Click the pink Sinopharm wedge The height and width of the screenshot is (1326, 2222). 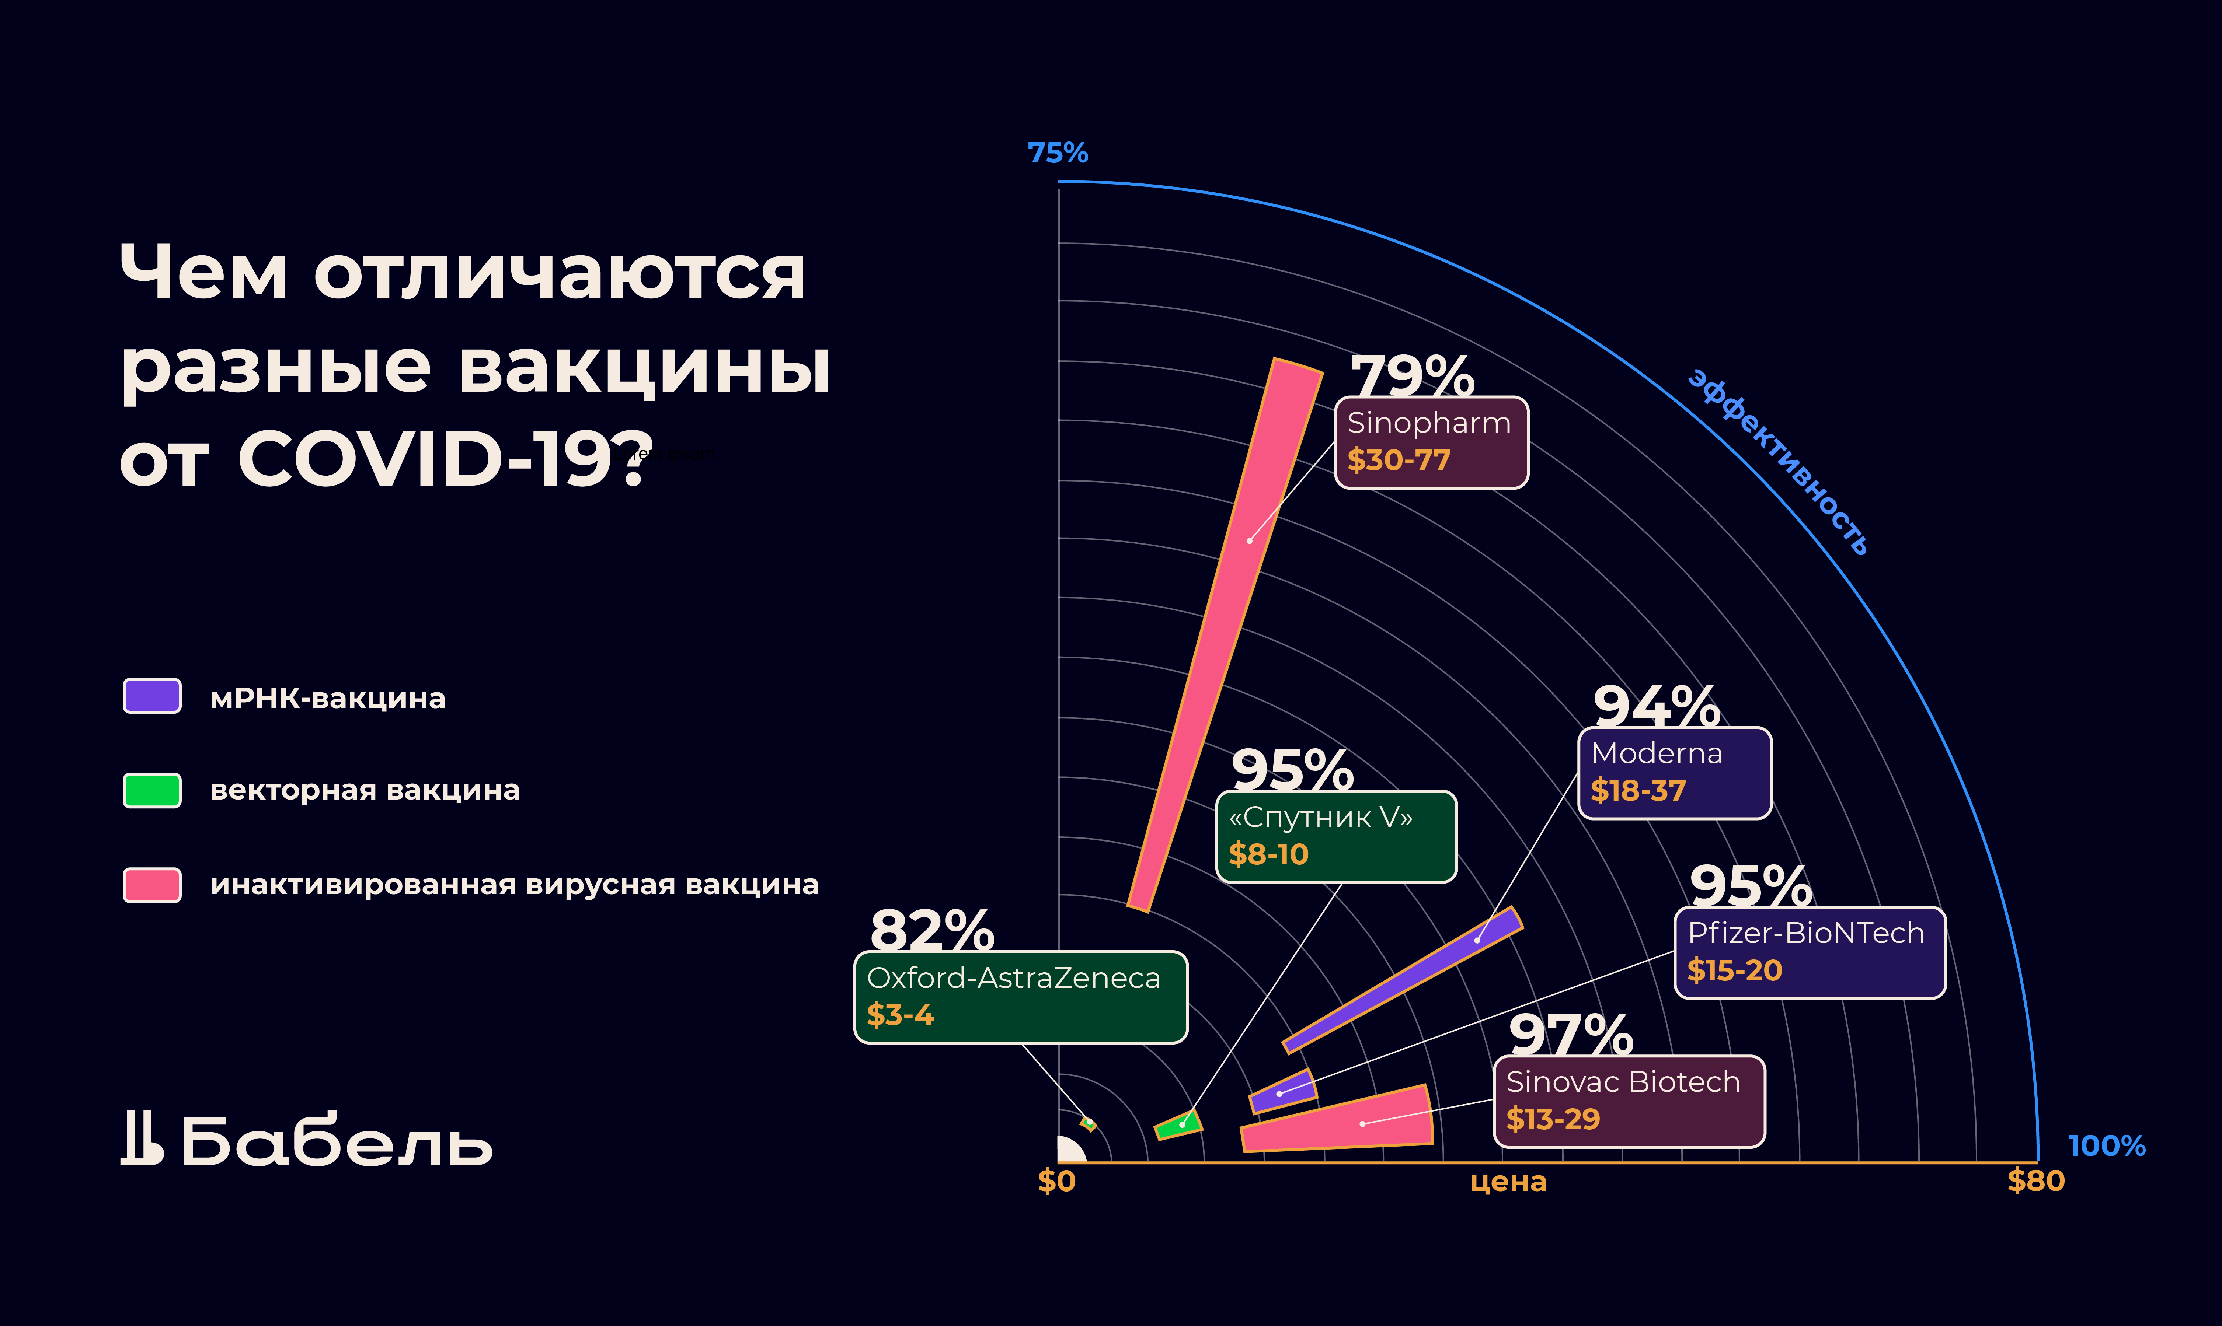point(1233,608)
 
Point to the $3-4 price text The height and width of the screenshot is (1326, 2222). point(900,1015)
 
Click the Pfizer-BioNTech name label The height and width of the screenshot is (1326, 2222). point(1805,933)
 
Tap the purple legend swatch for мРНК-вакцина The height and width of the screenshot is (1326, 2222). point(152,696)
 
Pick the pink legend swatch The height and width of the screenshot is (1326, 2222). point(152,885)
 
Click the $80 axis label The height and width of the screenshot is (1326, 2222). point(2035,1181)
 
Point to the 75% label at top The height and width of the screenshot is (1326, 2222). point(1058,153)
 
